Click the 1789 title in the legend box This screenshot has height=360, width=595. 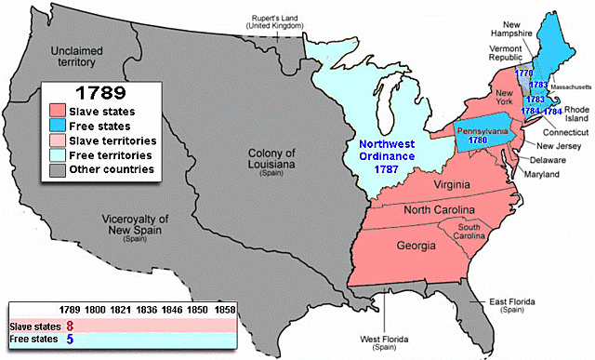(x=100, y=96)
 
